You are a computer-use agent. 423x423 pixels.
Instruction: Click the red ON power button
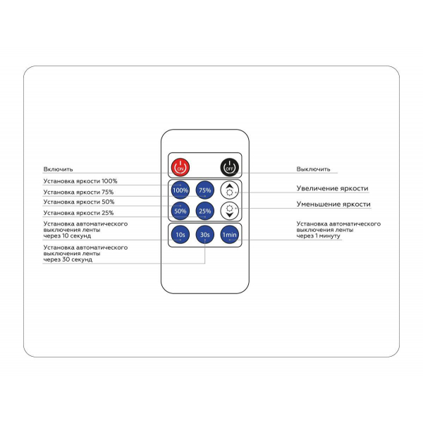pyautogui.click(x=180, y=167)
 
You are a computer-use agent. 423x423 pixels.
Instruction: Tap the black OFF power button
pyautogui.click(x=230, y=167)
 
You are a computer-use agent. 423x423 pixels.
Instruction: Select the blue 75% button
pyautogui.click(x=205, y=190)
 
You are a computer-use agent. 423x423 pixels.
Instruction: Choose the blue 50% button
pyautogui.click(x=180, y=211)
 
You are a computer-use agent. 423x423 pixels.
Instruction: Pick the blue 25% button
pyautogui.click(x=205, y=211)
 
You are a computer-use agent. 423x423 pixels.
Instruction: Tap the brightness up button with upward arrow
pyautogui.click(x=230, y=190)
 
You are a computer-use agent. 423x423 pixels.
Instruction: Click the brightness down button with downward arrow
pyautogui.click(x=230, y=211)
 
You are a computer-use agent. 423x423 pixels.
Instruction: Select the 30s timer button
pyautogui.click(x=205, y=235)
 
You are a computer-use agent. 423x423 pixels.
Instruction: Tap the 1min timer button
pyautogui.click(x=230, y=235)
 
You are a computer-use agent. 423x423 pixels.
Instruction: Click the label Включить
pyautogui.click(x=58, y=169)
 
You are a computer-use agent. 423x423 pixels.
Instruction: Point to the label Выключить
pyautogui.click(x=313, y=169)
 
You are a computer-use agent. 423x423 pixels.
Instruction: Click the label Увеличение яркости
pyautogui.click(x=332, y=188)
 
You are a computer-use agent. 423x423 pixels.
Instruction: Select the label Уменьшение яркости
pyautogui.click(x=333, y=204)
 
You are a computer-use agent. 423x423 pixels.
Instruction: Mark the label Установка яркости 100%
pyautogui.click(x=80, y=181)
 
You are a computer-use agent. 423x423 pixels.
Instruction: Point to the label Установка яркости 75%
pyautogui.click(x=78, y=192)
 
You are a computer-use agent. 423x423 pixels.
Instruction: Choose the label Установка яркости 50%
pyautogui.click(x=79, y=202)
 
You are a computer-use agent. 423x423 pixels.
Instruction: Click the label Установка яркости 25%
pyautogui.click(x=78, y=213)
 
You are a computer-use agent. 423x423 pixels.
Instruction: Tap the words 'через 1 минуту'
pyautogui.click(x=319, y=235)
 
